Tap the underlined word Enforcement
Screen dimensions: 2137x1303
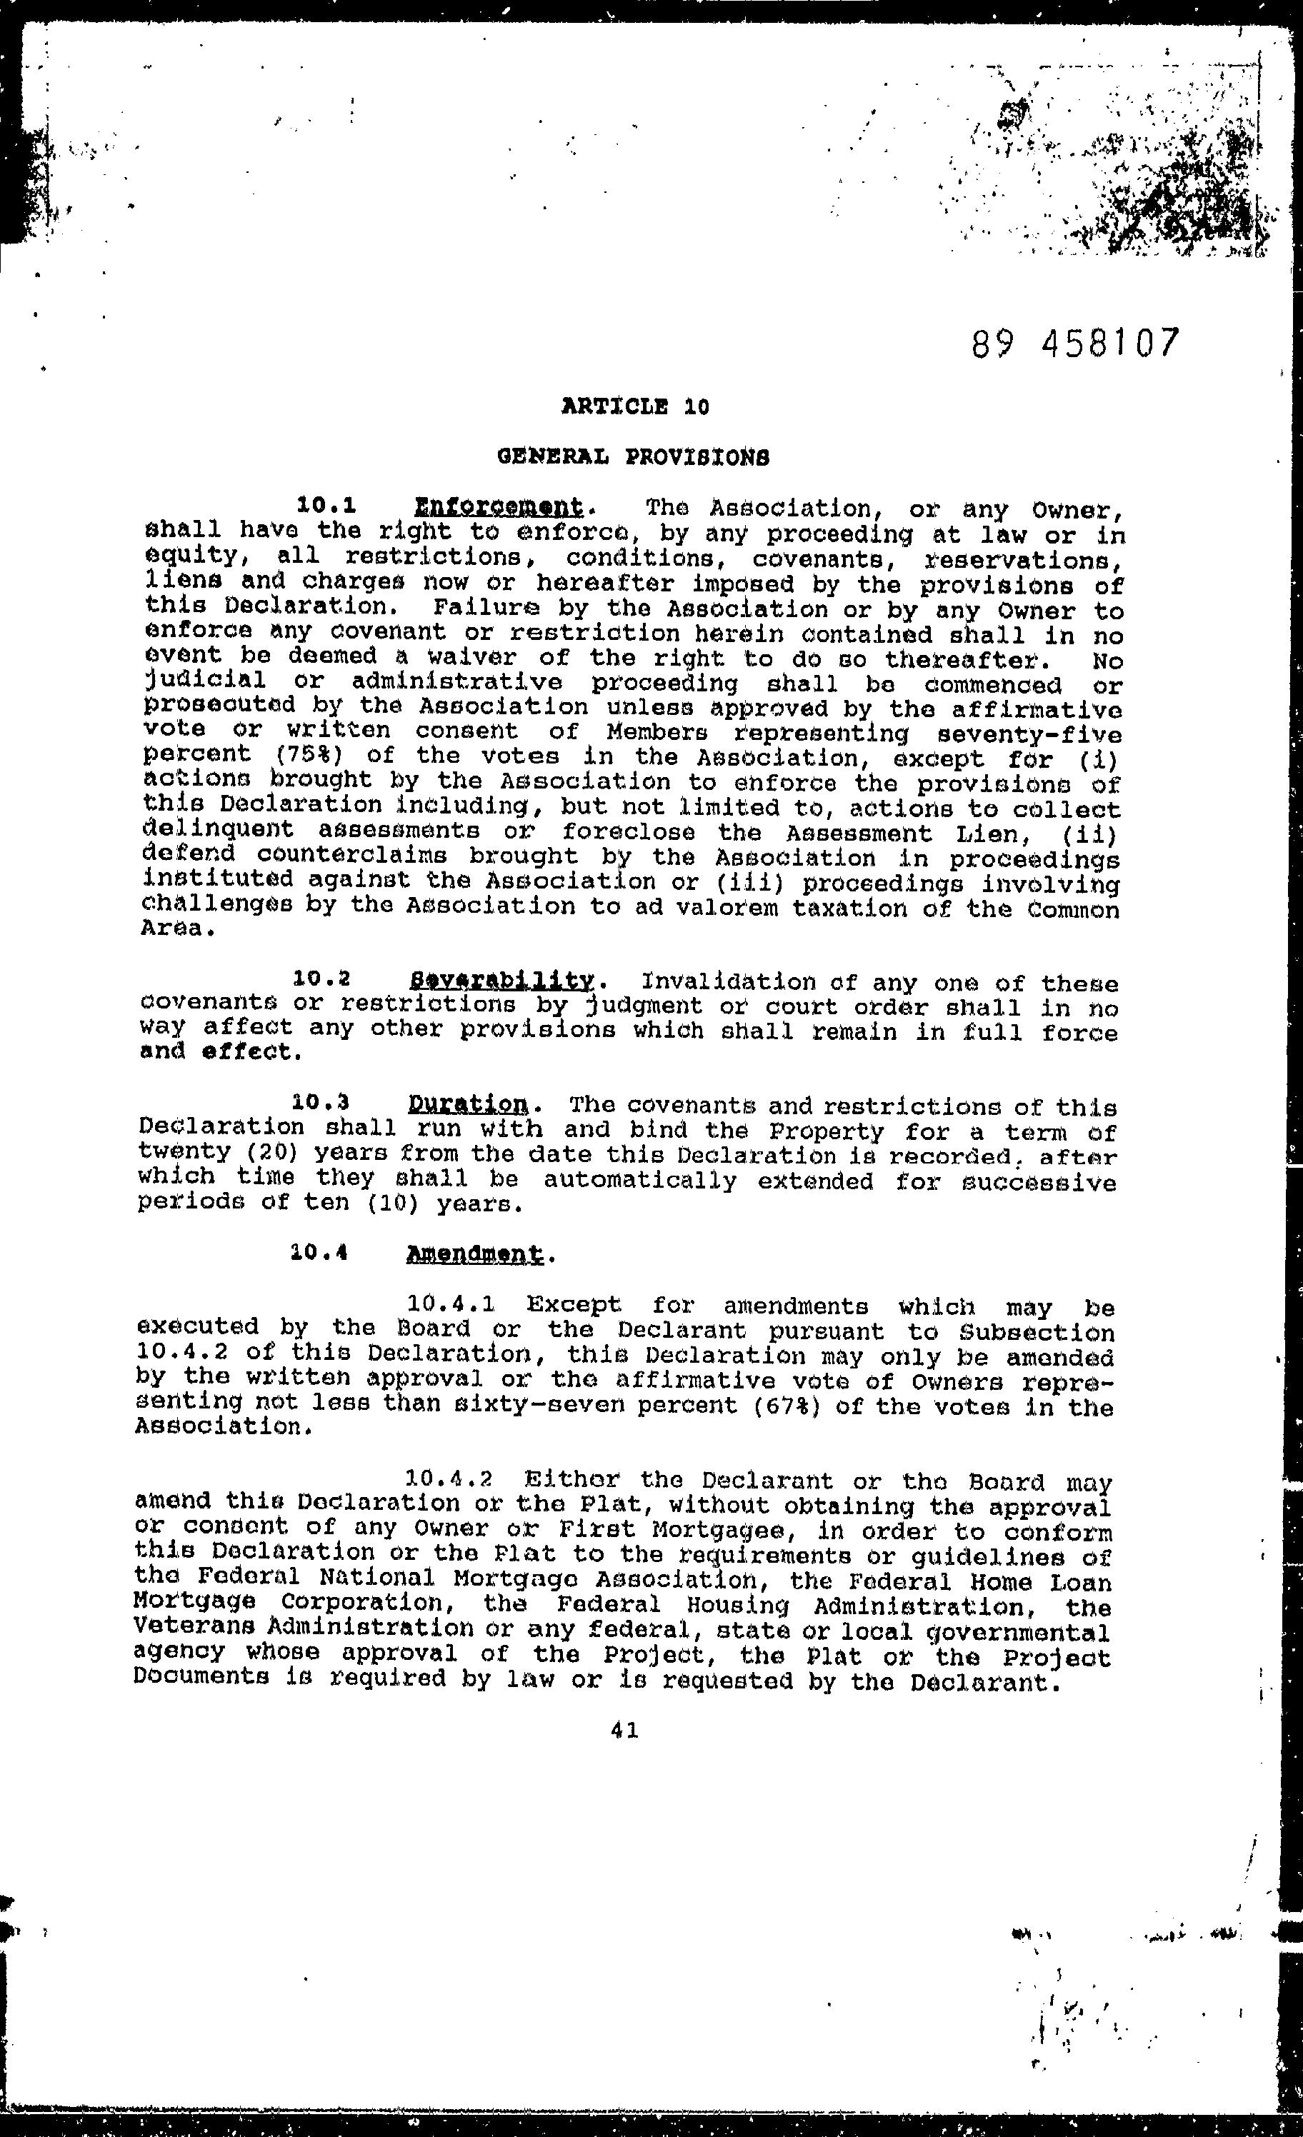point(498,506)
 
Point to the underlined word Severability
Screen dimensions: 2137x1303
point(501,981)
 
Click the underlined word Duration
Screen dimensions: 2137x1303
point(466,1105)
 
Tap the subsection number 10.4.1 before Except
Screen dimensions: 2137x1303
point(450,1304)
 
